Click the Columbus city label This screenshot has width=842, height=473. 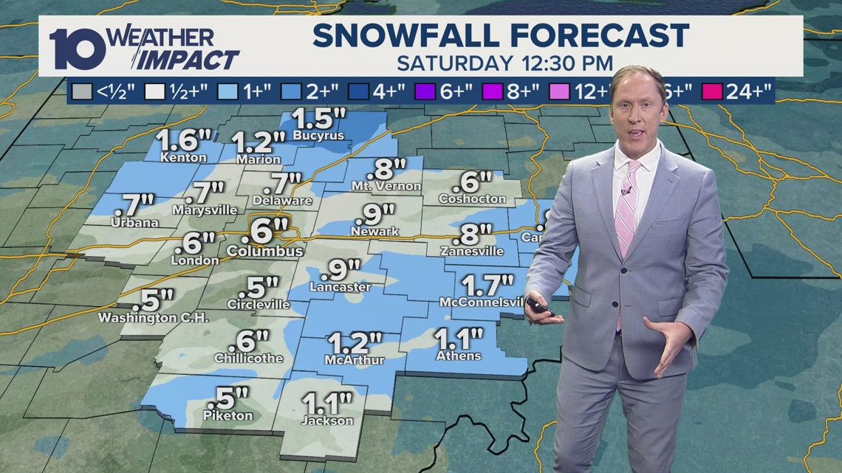265,252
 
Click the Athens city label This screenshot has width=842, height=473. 458,356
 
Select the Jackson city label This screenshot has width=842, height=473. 327,421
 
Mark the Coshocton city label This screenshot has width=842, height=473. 472,199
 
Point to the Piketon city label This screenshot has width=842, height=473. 227,416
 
